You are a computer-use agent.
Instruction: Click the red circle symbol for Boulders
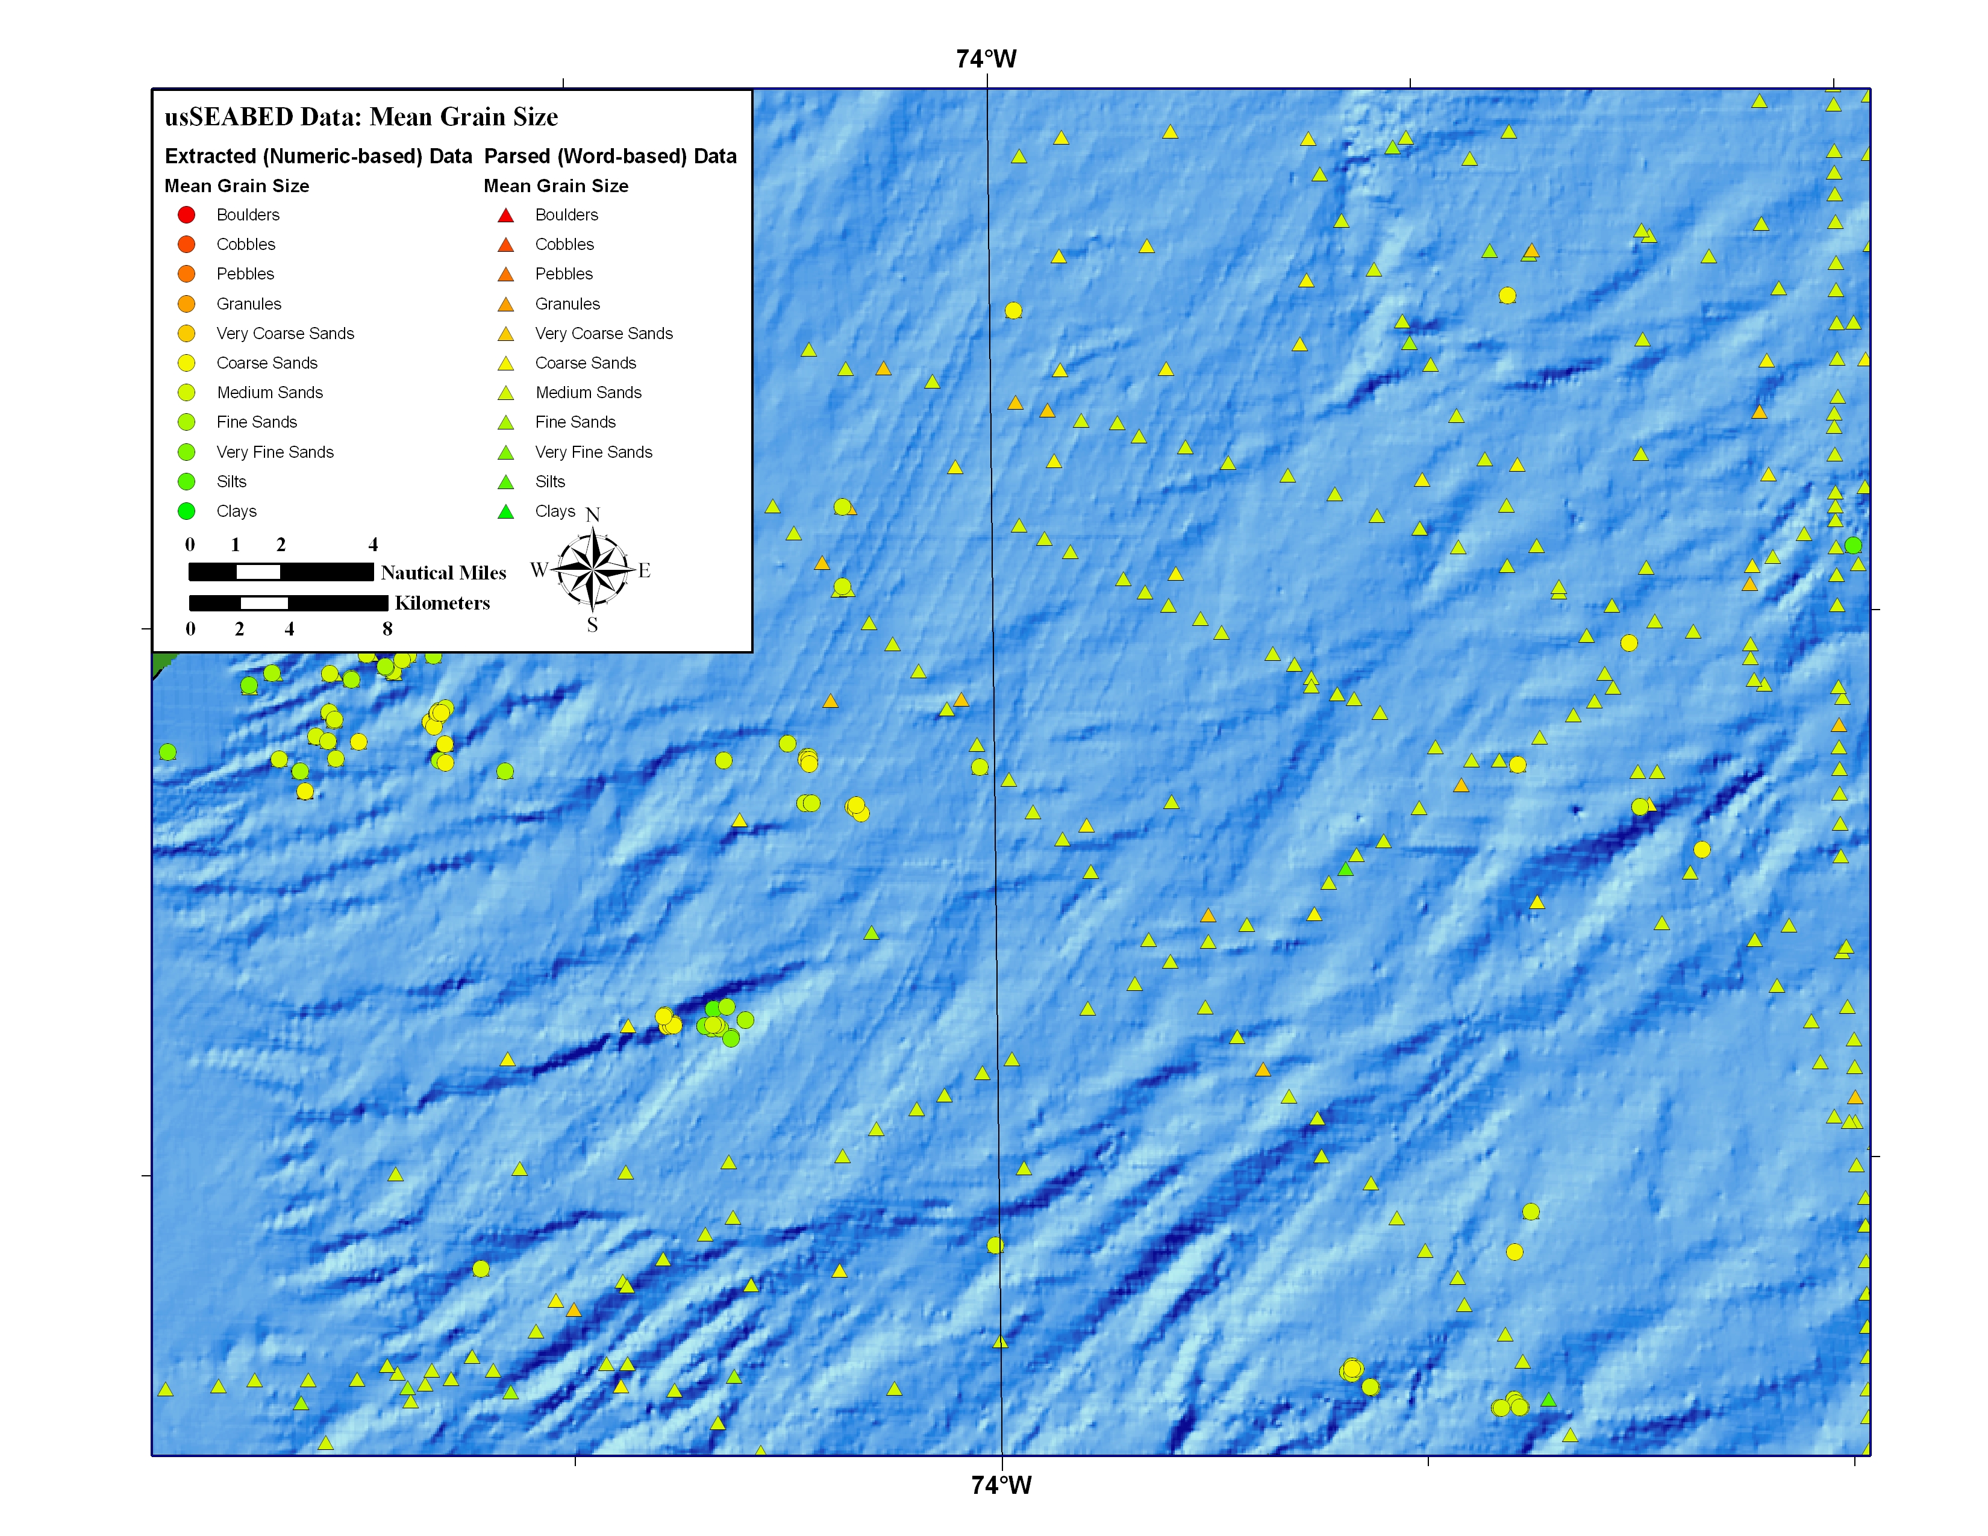(x=187, y=215)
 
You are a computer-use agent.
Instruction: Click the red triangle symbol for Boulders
(x=506, y=216)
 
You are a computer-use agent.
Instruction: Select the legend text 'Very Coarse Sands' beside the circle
(x=285, y=333)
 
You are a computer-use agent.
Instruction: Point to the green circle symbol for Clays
(x=187, y=511)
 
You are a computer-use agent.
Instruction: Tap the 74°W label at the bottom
(x=1001, y=1485)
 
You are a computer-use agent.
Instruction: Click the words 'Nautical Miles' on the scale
(x=443, y=572)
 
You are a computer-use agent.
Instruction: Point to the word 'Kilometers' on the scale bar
(x=442, y=604)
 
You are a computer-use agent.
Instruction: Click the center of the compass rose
(x=593, y=570)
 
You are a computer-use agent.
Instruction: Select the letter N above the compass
(x=593, y=515)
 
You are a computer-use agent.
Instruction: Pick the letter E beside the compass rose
(x=645, y=570)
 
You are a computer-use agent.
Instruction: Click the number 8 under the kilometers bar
(x=388, y=629)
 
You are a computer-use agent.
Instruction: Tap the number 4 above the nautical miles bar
(x=374, y=544)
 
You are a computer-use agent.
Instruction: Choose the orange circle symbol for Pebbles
(x=187, y=274)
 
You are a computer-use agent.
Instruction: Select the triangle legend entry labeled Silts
(x=550, y=481)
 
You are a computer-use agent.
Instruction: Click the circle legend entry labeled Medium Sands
(x=269, y=392)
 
